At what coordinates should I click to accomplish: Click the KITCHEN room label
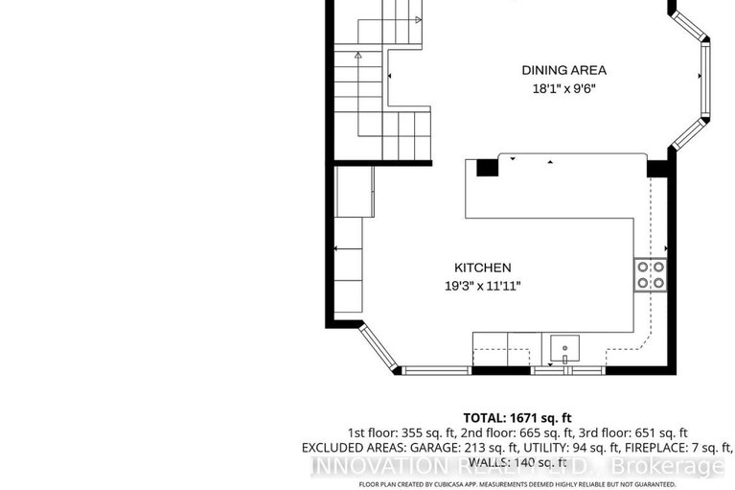[x=482, y=268]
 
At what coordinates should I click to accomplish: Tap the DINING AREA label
[x=563, y=70]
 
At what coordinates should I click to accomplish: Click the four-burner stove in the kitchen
[x=648, y=274]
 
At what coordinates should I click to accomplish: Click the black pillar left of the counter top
[x=487, y=168]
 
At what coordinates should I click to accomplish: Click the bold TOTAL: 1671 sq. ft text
[x=517, y=418]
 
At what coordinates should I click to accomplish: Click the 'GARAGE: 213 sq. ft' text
[x=455, y=448]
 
